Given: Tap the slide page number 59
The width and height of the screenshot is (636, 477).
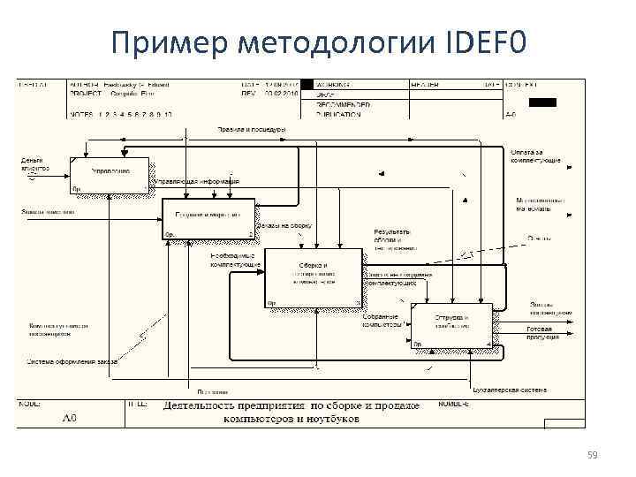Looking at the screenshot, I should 592,455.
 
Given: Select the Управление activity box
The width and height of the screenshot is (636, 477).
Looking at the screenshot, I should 110,175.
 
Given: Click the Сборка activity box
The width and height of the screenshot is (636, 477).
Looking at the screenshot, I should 314,277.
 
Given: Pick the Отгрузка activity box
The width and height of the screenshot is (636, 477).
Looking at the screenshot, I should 450,326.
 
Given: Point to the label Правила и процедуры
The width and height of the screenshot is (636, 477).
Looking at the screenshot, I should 252,130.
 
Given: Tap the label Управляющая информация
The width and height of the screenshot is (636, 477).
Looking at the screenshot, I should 198,182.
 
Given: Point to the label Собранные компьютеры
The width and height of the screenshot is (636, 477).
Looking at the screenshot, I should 382,321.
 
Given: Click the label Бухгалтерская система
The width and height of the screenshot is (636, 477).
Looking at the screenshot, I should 510,390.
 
